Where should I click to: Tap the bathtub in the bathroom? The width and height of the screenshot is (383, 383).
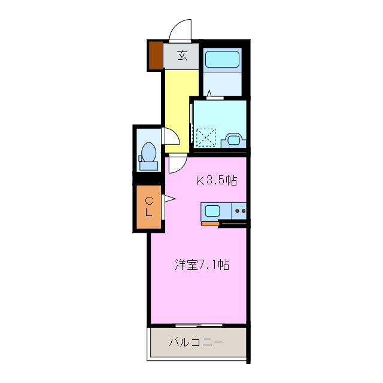click(x=222, y=60)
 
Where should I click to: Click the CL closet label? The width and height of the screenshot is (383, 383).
click(x=149, y=206)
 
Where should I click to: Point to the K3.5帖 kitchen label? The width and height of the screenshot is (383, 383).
click(x=217, y=181)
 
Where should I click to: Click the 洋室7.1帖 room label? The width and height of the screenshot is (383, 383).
click(x=203, y=263)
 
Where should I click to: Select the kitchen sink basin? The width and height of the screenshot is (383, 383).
click(x=213, y=210)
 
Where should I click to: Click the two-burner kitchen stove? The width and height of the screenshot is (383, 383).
click(x=240, y=211)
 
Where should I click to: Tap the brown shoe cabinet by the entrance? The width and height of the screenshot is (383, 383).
click(x=156, y=55)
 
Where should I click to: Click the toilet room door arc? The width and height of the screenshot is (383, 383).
click(x=169, y=136)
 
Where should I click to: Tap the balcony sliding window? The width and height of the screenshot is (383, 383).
click(x=199, y=325)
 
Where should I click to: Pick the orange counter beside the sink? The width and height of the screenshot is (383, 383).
click(x=210, y=224)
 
